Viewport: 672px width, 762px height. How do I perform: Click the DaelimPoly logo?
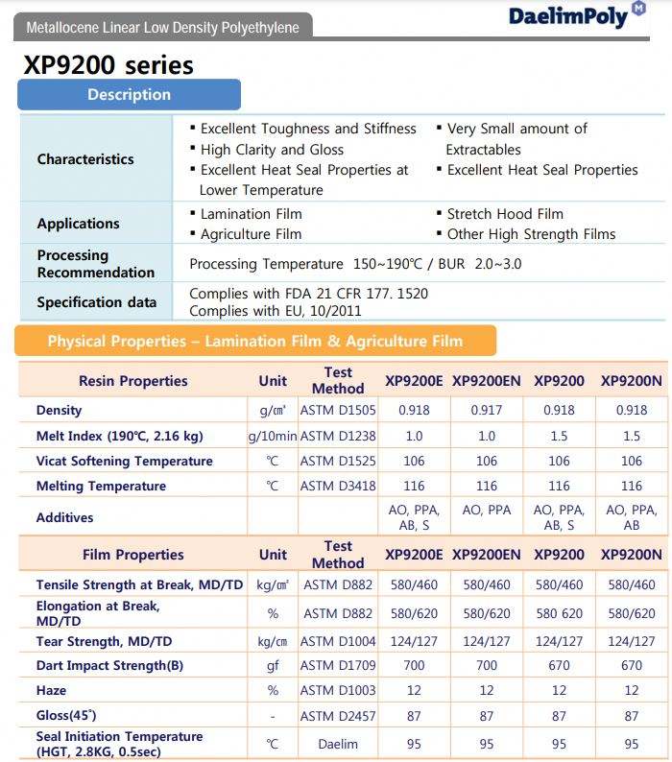point(577,15)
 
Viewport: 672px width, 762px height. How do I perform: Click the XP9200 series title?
point(108,65)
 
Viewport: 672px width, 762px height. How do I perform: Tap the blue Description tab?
point(129,94)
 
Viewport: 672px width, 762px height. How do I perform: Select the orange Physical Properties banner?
point(254,341)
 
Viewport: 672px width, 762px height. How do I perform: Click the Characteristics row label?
point(85,159)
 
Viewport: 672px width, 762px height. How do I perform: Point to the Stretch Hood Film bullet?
point(505,214)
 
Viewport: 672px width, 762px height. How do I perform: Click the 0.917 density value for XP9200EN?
point(486,411)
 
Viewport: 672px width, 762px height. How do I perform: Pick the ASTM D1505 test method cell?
point(338,411)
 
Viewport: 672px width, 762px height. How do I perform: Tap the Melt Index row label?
point(119,436)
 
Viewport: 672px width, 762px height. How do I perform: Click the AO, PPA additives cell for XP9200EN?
point(486,511)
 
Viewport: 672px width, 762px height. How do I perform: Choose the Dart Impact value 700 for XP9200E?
point(414,665)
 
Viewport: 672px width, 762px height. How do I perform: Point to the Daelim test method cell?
point(338,744)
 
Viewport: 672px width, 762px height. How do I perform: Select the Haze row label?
point(53,691)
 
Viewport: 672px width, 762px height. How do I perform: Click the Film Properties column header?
point(132,555)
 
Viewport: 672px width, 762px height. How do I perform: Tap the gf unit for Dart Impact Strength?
point(273,665)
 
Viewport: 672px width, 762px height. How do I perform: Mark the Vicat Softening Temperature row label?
point(124,461)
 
